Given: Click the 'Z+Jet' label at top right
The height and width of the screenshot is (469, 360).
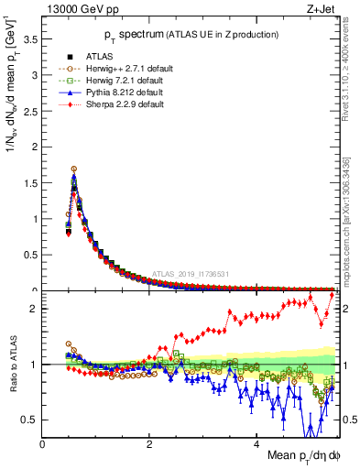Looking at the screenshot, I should [320, 10].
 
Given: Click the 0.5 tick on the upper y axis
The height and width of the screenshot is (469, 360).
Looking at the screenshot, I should [31, 255].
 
